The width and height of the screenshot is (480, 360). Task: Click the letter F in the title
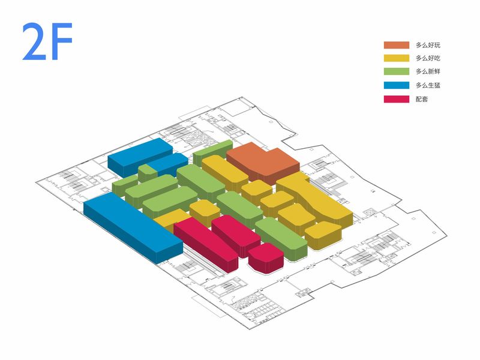coord(61,43)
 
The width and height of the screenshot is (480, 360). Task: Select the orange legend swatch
coord(395,45)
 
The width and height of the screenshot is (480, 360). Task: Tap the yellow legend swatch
coord(395,58)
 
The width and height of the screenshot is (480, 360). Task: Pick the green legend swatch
coord(395,71)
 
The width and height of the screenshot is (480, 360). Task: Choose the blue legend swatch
coord(395,85)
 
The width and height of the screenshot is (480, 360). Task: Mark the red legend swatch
coord(395,98)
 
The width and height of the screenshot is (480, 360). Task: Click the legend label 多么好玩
coord(428,45)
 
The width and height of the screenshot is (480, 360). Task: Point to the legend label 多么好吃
coord(428,58)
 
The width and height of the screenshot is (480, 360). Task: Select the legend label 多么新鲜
coord(428,71)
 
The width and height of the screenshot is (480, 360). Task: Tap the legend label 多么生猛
coord(428,85)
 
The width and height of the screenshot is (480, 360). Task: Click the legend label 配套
coord(422,98)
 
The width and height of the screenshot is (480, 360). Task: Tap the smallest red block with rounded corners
coord(265,256)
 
